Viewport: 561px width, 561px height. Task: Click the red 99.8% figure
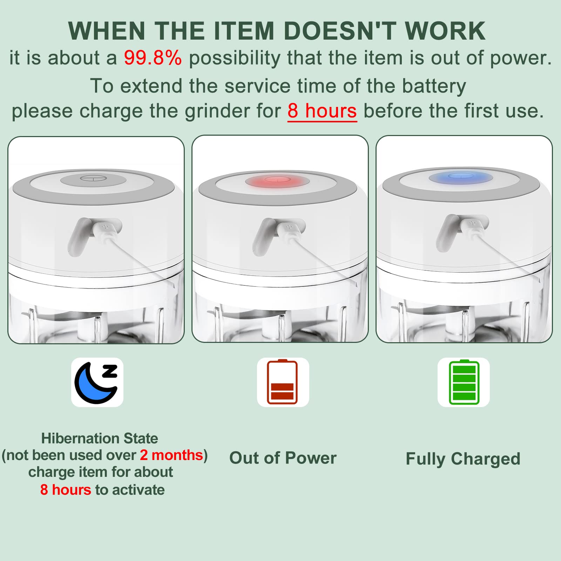(153, 58)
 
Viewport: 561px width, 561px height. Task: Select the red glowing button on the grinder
(277, 181)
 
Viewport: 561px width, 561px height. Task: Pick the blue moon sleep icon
(97, 383)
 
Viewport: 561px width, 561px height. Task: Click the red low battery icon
(283, 382)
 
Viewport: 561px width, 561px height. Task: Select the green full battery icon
(464, 382)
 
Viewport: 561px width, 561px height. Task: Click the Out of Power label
(283, 458)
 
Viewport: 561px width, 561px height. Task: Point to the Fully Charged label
(463, 459)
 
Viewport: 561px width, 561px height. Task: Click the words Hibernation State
(100, 438)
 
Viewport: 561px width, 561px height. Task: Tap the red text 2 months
(171, 455)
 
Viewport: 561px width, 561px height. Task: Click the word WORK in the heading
(445, 31)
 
